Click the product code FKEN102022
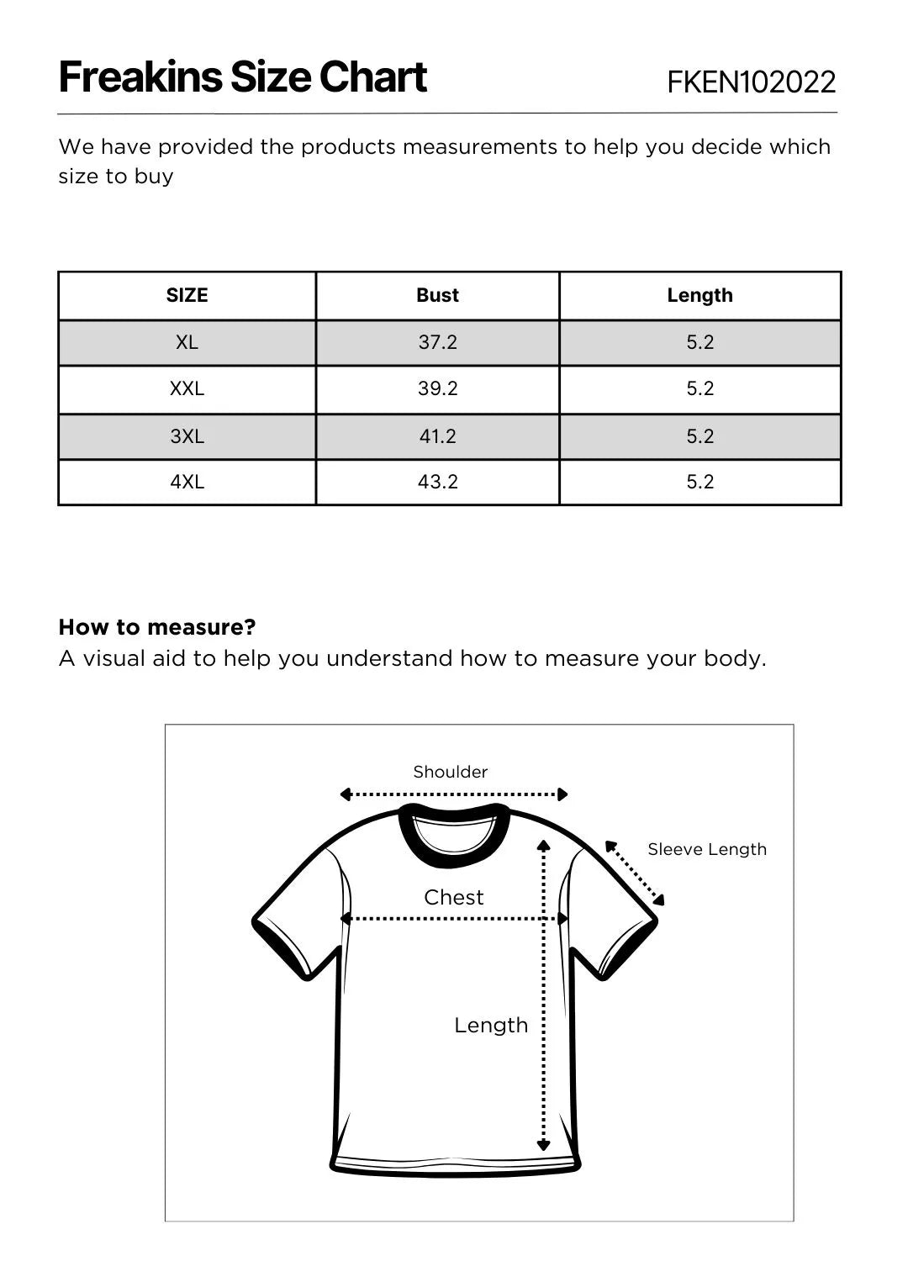point(751,82)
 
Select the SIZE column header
point(187,295)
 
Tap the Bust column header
point(437,295)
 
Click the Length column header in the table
point(699,295)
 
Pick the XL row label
point(187,342)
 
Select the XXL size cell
point(187,388)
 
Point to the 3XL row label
point(187,436)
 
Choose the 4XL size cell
point(187,482)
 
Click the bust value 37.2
point(437,342)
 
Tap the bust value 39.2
point(437,388)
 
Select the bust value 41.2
point(437,436)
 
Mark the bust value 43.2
point(437,482)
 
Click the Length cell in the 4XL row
point(699,482)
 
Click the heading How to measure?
point(157,627)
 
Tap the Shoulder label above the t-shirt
point(450,772)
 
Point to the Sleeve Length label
point(706,850)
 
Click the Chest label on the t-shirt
point(453,897)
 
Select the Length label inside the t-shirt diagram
point(491,1025)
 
